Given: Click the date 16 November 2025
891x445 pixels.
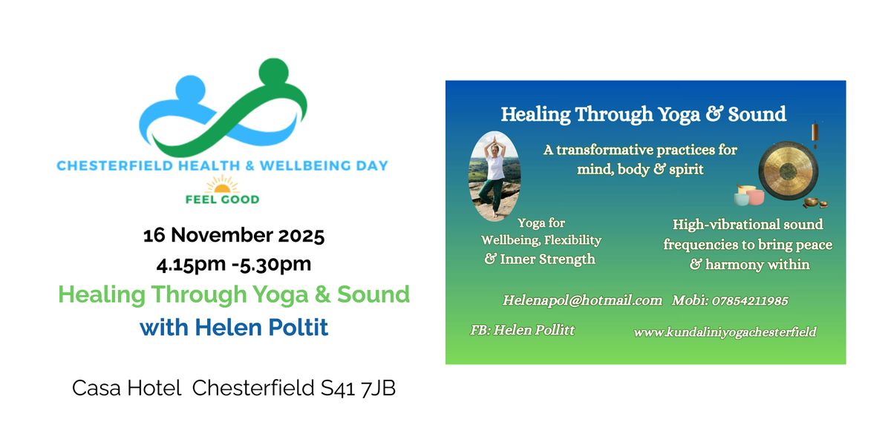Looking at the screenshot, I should (234, 237).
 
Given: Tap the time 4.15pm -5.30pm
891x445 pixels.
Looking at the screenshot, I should (234, 263).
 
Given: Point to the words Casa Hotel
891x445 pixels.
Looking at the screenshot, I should (127, 388).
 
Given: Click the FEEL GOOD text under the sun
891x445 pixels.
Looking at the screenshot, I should (223, 199).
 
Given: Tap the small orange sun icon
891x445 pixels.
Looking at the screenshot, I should (223, 183).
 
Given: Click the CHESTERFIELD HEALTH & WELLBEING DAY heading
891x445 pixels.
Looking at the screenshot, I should (223, 165).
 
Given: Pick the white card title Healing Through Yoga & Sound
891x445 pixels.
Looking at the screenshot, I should (643, 114).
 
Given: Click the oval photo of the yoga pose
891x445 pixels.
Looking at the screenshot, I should (495, 176).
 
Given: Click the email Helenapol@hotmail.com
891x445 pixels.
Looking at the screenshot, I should (582, 300).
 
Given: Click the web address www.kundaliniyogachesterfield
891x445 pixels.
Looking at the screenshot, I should (725, 332).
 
